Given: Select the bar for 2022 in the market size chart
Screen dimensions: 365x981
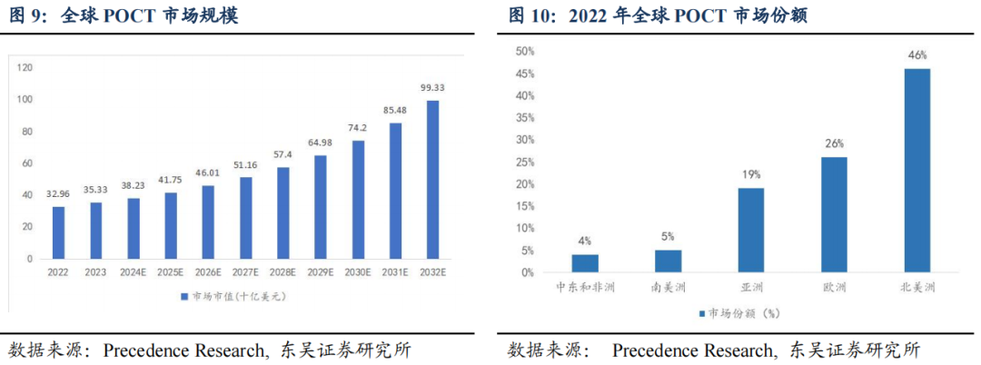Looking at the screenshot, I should [58, 232].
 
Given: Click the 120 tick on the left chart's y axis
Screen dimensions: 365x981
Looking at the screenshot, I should [25, 67].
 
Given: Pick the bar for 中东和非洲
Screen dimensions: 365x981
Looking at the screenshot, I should [585, 262].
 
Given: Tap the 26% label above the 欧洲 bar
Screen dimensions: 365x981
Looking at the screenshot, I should [834, 143].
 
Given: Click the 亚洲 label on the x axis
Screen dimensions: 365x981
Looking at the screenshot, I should [750, 288].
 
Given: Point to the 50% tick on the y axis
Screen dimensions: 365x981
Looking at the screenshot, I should [524, 52].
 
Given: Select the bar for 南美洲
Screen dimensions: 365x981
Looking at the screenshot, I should [668, 261].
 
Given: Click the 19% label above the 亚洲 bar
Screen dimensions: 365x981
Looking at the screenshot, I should [750, 173].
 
